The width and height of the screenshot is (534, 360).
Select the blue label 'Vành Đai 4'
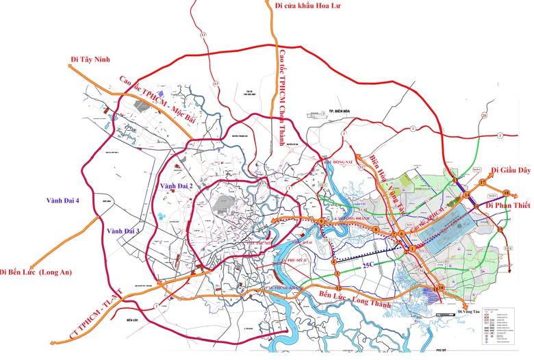click(63, 201)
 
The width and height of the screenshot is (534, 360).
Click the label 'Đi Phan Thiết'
click(509, 204)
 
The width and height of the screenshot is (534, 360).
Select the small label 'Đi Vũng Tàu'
click(469, 311)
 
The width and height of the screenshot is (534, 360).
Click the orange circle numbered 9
click(320, 220)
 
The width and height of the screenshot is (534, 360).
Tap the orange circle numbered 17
click(482, 183)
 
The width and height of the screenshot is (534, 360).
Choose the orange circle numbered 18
click(507, 192)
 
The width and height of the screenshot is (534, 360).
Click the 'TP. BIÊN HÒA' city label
click(338, 110)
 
